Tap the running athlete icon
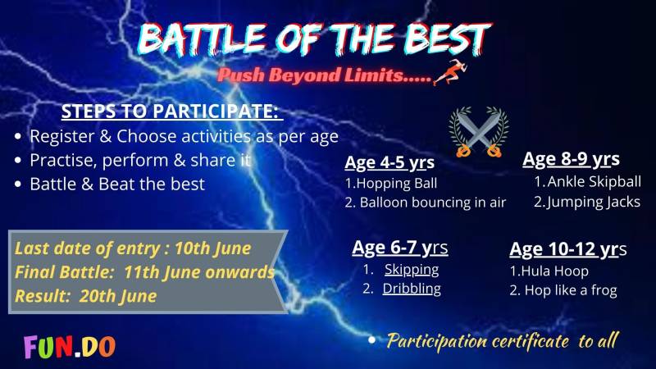point(450,72)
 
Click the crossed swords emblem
point(479,132)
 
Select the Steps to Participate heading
point(170,112)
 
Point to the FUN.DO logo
point(70,347)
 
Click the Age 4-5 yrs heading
point(389,162)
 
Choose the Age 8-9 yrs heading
point(571,159)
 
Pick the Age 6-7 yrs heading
point(400,248)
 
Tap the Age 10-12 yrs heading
point(568,249)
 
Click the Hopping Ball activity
point(391,183)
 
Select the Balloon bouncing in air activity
point(426,203)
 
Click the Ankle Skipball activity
point(587,181)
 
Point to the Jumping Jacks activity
point(587,202)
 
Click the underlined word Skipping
point(412,270)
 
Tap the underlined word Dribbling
point(412,289)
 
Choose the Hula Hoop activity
point(549,271)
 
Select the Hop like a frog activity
point(563,290)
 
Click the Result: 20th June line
point(86,296)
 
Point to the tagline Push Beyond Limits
point(324,75)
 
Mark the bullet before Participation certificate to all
point(371,340)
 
